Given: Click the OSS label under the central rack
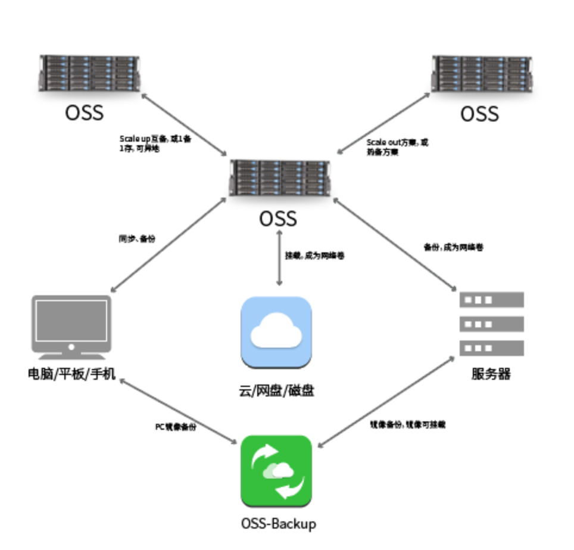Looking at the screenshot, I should click(278, 218).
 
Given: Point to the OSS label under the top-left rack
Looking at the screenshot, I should click(84, 112).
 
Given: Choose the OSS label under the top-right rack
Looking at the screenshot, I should click(479, 114).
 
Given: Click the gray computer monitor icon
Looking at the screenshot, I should click(71, 326).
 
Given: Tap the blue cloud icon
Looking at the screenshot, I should click(276, 332).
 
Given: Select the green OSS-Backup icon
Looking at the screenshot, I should click(276, 471).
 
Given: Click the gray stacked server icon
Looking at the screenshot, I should click(491, 324).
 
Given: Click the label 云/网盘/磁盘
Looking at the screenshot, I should click(276, 391).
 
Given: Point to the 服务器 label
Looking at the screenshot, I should click(491, 374).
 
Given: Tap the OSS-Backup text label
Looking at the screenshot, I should click(278, 524).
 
